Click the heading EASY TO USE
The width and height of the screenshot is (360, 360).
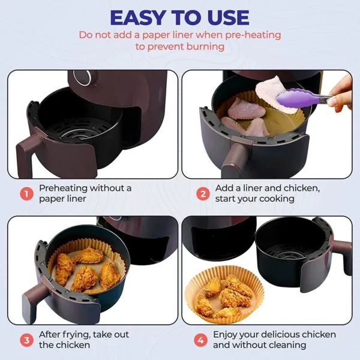point(180,17)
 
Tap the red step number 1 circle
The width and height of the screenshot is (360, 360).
point(26,193)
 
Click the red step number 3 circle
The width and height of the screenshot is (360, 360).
point(26,340)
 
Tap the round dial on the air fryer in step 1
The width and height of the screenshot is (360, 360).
point(86,77)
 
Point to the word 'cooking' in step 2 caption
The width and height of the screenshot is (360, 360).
point(274,199)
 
